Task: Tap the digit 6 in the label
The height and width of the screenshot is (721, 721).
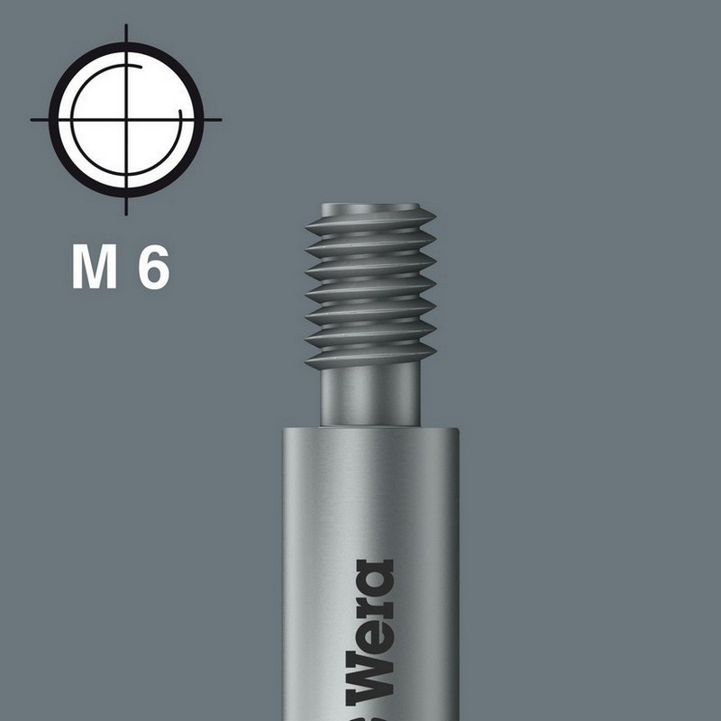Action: (x=154, y=268)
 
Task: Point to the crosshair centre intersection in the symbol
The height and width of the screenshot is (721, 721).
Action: (x=126, y=119)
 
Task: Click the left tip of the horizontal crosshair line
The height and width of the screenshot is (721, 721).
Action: (x=32, y=119)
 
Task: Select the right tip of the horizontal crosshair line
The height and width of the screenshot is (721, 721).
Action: (x=220, y=119)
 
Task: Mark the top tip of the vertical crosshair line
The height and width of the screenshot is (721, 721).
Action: (x=126, y=27)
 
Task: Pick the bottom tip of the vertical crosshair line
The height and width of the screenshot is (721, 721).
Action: (x=126, y=214)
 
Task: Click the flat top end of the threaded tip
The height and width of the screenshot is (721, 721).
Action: (x=370, y=206)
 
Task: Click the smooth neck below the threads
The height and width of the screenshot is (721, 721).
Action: (x=370, y=397)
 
